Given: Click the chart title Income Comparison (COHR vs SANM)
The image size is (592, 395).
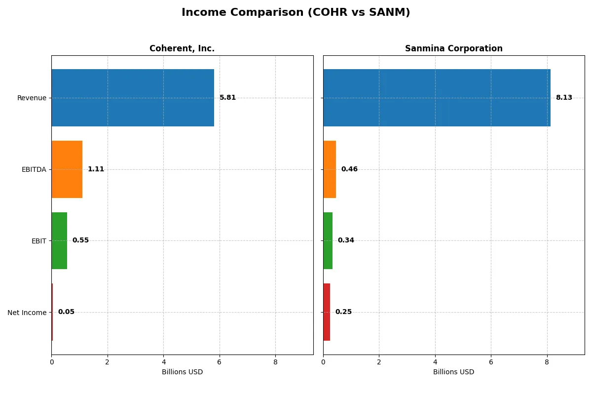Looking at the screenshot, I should (296, 12).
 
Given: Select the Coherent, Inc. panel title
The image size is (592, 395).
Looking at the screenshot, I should (182, 48).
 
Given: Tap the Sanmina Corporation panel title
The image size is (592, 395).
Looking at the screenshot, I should (453, 48).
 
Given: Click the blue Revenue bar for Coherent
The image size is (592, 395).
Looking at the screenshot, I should (133, 98).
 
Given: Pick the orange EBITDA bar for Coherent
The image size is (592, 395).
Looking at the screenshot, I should (67, 169).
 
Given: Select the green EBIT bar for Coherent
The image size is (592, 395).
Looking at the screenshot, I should (59, 241).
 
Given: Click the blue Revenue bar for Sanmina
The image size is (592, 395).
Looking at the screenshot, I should (437, 98).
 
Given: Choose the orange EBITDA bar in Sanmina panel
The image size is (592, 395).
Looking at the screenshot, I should (330, 169).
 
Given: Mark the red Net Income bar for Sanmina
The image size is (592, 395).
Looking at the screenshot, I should (327, 312).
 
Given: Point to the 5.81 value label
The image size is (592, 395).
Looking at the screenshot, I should (227, 98).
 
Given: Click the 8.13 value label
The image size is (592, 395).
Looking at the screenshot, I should (564, 98).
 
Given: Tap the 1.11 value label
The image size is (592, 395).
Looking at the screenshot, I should (96, 169).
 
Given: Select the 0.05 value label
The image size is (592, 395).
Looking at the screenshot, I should (66, 312).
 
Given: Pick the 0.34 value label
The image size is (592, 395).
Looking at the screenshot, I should (346, 240).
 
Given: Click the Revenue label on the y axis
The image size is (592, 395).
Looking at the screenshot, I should (32, 98).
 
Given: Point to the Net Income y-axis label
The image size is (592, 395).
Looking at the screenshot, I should (27, 313).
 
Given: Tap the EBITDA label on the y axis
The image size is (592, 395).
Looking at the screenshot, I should (34, 170).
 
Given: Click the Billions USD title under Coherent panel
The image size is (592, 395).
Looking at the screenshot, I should (182, 372).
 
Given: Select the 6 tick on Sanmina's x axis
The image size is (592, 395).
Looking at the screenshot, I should (491, 362).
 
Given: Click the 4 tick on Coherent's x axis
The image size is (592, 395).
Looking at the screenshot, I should (163, 362).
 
